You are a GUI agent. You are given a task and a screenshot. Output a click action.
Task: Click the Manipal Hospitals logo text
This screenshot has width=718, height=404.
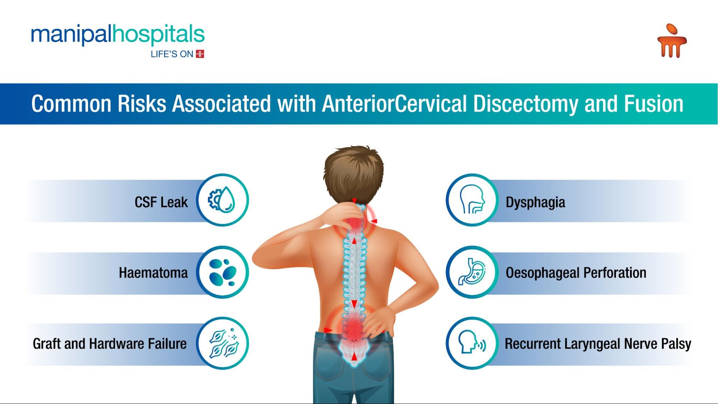pyautogui.click(x=118, y=35)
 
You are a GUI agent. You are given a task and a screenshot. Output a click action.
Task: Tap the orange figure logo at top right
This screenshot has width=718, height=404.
pyautogui.click(x=672, y=41)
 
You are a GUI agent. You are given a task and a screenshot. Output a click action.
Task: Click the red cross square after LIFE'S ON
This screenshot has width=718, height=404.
pyautogui.click(x=200, y=54)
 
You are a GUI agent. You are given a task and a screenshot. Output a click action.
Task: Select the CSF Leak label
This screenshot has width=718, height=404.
pyautogui.click(x=161, y=202)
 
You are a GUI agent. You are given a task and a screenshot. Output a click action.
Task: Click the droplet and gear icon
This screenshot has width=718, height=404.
pyautogui.click(x=222, y=200)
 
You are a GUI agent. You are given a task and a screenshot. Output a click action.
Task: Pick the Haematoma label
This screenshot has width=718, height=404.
pyautogui.click(x=153, y=273)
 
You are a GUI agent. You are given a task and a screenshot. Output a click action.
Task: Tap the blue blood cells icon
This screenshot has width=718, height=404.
pyautogui.click(x=223, y=272)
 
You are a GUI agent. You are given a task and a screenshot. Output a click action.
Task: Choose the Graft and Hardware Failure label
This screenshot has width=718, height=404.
pyautogui.click(x=110, y=344)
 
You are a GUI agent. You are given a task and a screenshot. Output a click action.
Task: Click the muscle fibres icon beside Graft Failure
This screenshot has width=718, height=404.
pyautogui.click(x=223, y=343)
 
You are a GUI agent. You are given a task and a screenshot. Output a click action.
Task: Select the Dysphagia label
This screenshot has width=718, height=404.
pyautogui.click(x=536, y=203)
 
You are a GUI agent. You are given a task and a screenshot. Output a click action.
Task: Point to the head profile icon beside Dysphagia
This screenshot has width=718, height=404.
pyautogui.click(x=472, y=199)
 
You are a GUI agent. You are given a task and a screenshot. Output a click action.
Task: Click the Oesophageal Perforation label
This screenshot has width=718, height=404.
pyautogui.click(x=576, y=273)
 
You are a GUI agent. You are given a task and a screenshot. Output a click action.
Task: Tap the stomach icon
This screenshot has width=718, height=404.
pyautogui.click(x=472, y=272)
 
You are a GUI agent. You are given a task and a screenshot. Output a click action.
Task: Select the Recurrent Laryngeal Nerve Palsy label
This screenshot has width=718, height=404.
pyautogui.click(x=598, y=344)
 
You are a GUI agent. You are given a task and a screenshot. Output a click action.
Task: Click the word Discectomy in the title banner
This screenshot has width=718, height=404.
pyautogui.click(x=526, y=104)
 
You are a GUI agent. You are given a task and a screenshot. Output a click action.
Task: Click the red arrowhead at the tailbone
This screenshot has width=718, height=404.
pyautogui.click(x=354, y=356)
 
